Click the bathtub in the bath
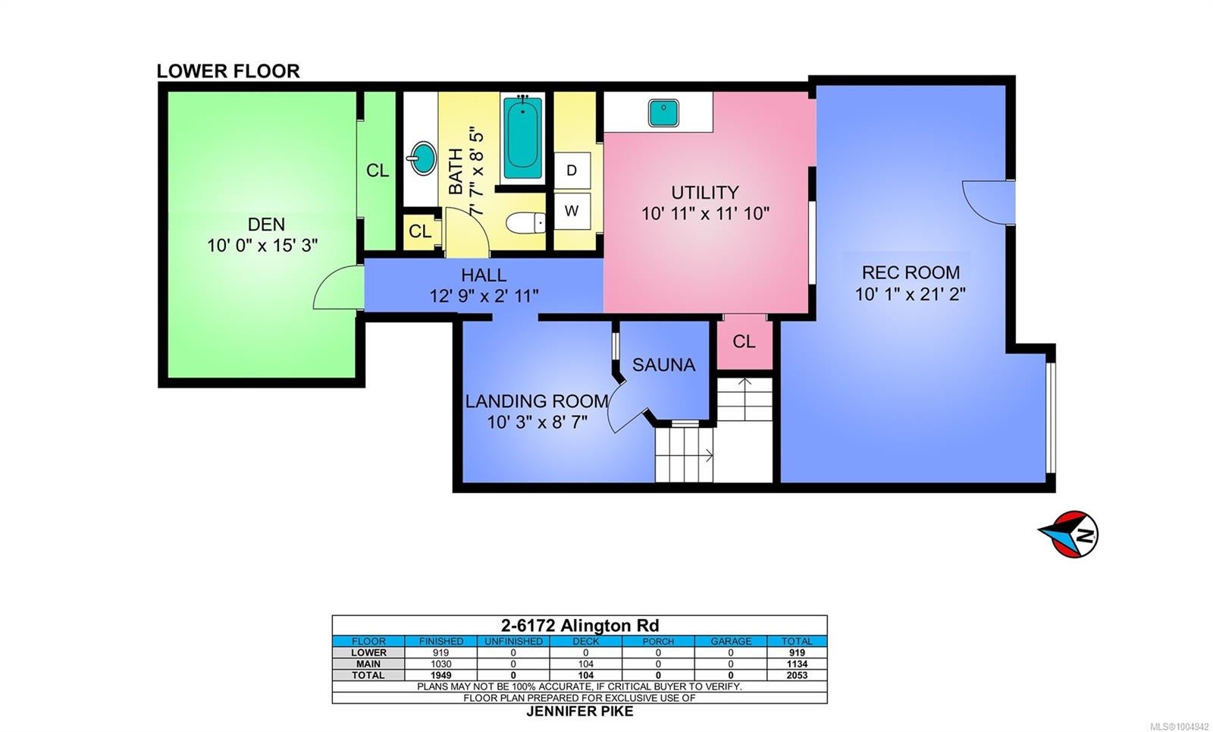pos(522,138)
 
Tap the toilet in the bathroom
pos(525,223)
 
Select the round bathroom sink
pos(423,158)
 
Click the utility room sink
pos(663,113)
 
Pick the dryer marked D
pos(572,171)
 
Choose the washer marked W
pos(572,212)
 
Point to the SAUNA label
pos(664,365)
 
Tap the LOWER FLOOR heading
pos(228,71)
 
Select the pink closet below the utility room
pos(744,342)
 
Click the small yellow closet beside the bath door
pos(420,232)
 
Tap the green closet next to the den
pos(377,171)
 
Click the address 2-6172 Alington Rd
pos(580,626)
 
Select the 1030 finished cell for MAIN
pos(440,664)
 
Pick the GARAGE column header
pos(731,642)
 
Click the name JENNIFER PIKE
pos(580,712)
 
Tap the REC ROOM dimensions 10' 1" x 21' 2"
pos(911,294)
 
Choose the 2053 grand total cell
pos(797,675)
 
